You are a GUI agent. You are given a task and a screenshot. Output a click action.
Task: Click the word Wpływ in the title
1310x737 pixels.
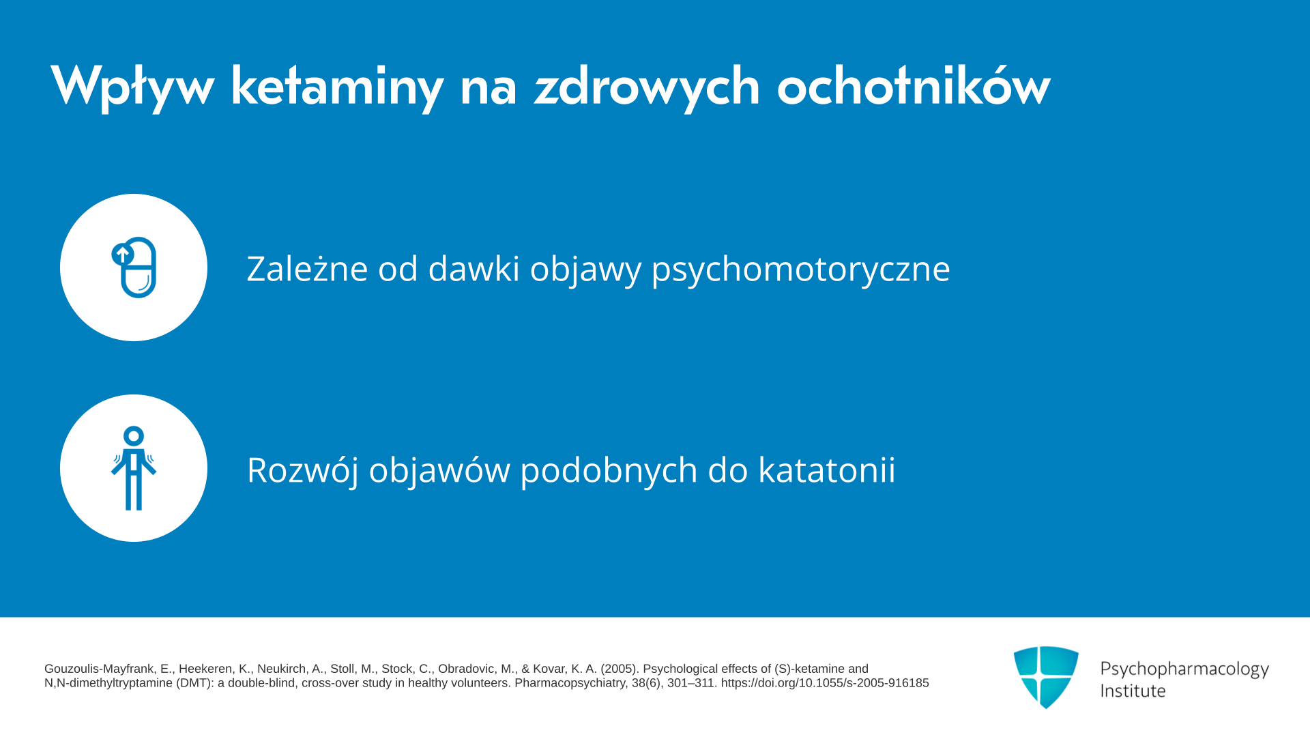click(x=132, y=87)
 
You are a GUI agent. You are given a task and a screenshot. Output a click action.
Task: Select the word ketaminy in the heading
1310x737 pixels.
click(x=337, y=87)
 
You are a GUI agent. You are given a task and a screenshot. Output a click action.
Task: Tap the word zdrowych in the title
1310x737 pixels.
click(x=647, y=87)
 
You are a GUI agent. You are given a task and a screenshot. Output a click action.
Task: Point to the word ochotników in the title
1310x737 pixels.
click(x=914, y=85)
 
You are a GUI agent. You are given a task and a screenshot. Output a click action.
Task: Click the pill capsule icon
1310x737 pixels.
click(x=134, y=268)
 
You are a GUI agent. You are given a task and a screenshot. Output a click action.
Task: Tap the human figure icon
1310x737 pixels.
click(x=134, y=468)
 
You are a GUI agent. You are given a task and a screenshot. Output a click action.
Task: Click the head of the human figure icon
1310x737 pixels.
click(x=134, y=435)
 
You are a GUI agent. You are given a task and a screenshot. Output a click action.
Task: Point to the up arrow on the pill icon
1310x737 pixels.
click(x=122, y=255)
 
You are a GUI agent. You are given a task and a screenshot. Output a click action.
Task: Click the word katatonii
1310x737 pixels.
click(x=827, y=469)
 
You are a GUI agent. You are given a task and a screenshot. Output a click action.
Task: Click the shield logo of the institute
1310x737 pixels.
click(x=1046, y=678)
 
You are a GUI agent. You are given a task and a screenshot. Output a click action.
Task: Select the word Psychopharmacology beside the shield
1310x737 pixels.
click(x=1184, y=669)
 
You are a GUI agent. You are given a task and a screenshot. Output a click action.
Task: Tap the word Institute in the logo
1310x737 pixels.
click(x=1133, y=691)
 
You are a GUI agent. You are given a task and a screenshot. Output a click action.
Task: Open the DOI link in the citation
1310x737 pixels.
click(x=825, y=683)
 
